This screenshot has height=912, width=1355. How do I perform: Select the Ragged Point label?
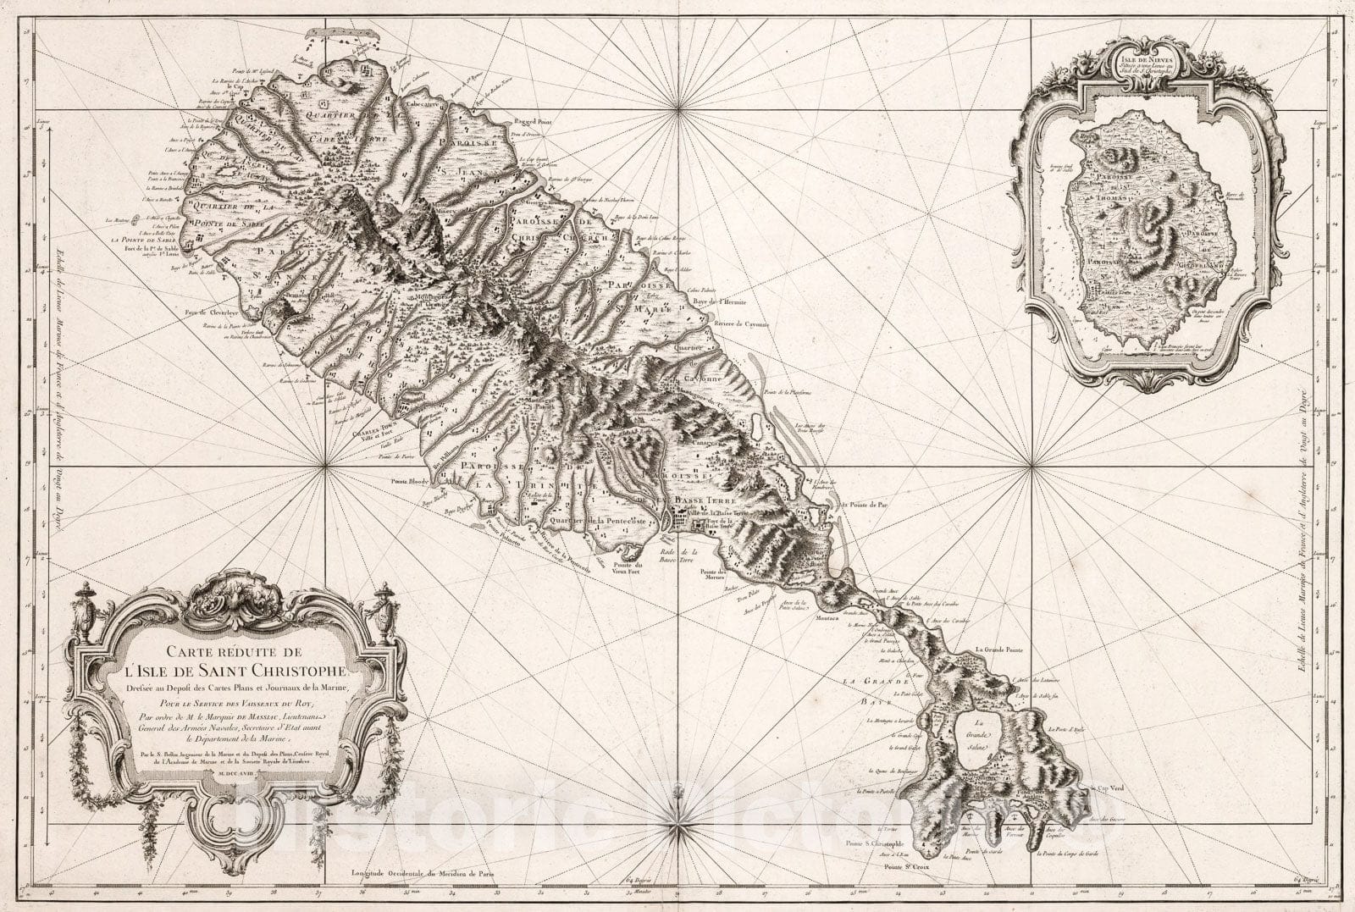tap(530, 123)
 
